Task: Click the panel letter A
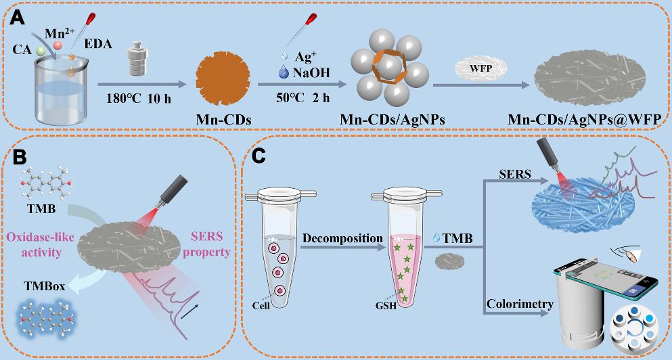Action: [18, 14]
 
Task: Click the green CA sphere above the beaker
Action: [41, 51]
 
